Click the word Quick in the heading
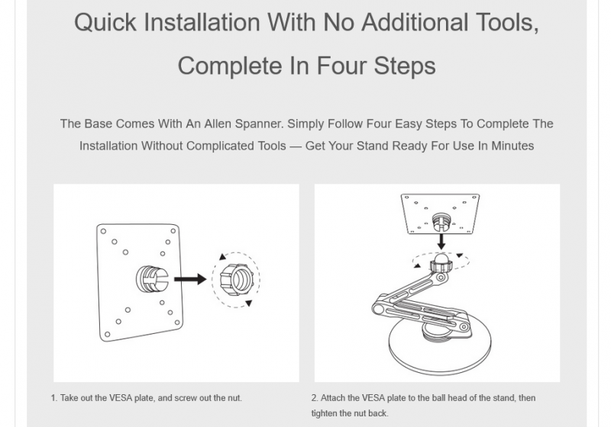point(105,23)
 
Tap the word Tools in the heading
point(507,23)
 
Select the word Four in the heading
point(341,66)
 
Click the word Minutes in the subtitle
point(512,146)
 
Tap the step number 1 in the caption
point(53,398)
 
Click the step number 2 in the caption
point(315,398)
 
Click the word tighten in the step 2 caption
point(325,413)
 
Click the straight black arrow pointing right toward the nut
point(190,279)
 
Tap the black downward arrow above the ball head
point(441,241)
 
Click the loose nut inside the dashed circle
point(235,279)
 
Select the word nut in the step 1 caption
point(234,398)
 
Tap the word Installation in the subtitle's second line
point(108,146)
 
